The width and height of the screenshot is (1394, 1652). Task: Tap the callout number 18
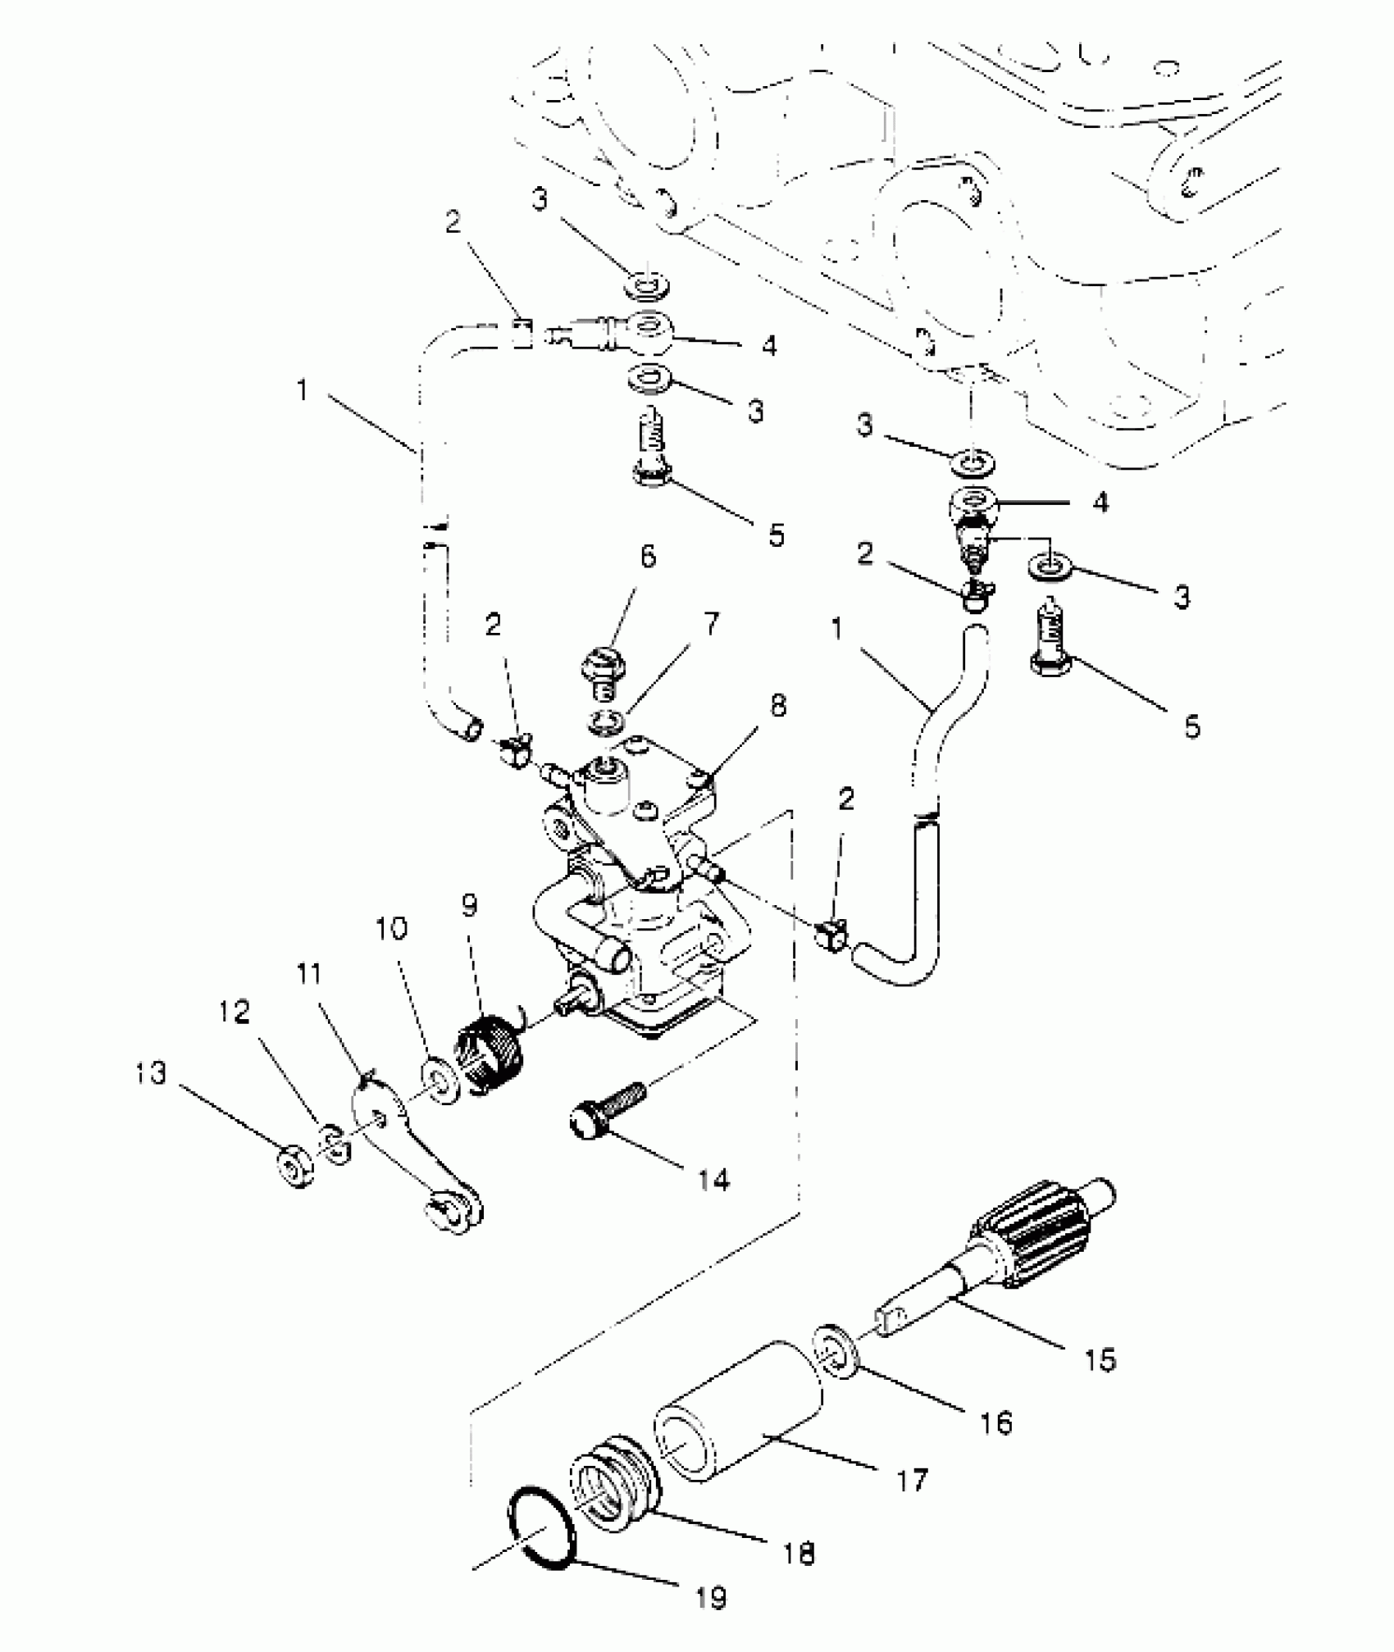click(799, 1552)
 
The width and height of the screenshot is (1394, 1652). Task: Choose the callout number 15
click(1100, 1359)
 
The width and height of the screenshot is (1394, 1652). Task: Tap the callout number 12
click(235, 1013)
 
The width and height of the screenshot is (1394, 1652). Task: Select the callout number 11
click(309, 974)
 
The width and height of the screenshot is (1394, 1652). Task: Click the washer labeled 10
click(442, 1083)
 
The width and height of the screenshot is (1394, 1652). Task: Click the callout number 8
click(777, 705)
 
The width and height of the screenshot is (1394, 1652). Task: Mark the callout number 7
click(711, 625)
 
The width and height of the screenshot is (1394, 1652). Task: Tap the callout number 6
click(648, 557)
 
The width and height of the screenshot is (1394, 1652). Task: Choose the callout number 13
click(151, 1072)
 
